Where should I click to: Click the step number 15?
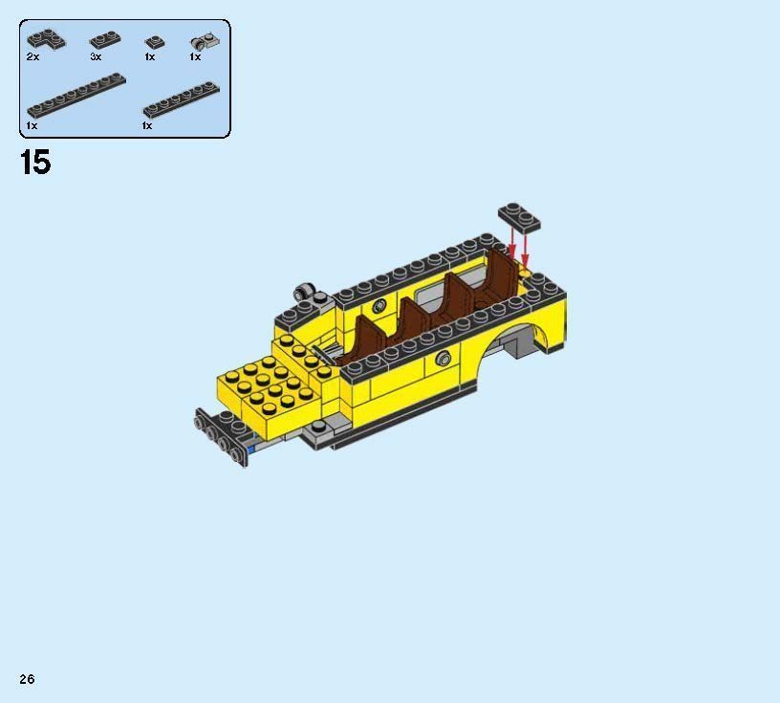pyautogui.click(x=34, y=163)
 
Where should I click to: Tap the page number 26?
pyautogui.click(x=27, y=679)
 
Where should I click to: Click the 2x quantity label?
pyautogui.click(x=32, y=57)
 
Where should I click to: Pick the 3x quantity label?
pyautogui.click(x=96, y=57)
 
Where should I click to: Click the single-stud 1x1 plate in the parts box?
pyautogui.click(x=152, y=42)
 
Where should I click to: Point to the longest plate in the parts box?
pyautogui.click(x=76, y=94)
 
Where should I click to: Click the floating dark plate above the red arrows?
pyautogui.click(x=518, y=217)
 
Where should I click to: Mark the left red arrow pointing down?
pyautogui.click(x=511, y=245)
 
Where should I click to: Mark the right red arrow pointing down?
pyautogui.click(x=525, y=251)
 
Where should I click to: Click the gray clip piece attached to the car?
pyautogui.click(x=305, y=291)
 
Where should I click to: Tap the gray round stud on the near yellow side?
pyautogui.click(x=443, y=359)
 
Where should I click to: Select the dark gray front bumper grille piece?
pyautogui.click(x=220, y=438)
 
